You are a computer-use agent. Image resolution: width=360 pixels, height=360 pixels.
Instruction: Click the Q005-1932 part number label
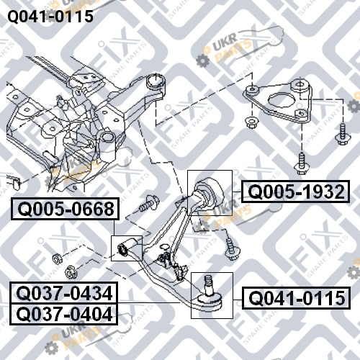tap(295, 192)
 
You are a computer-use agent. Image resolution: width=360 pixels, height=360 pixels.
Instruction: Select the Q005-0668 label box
tap(65, 209)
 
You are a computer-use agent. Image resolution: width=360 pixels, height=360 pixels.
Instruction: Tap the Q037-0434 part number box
tap(64, 293)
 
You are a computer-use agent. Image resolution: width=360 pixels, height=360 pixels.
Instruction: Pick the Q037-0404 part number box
tap(64, 314)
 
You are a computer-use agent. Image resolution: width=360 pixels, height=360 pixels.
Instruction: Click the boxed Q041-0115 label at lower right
tap(296, 298)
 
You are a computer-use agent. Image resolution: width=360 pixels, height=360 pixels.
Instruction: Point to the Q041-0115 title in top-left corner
tap(50, 17)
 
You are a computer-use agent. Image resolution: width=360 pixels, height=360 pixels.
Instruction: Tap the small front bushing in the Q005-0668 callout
tap(124, 250)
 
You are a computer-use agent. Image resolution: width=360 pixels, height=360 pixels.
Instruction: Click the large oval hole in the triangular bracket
tap(282, 100)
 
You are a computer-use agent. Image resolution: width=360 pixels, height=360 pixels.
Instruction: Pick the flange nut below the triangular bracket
tap(251, 122)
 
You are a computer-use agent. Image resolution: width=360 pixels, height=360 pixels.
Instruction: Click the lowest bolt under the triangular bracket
tap(301, 163)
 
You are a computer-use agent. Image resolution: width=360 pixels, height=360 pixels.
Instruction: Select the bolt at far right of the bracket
tap(343, 135)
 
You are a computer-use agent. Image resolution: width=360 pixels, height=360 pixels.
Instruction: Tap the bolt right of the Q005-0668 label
tap(149, 203)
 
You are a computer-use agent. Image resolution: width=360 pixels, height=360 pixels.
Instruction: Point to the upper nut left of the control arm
tap(57, 258)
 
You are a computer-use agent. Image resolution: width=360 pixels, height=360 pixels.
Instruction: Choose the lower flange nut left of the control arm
tap(70, 271)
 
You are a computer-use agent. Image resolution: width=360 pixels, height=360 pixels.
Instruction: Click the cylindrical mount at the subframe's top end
tap(156, 82)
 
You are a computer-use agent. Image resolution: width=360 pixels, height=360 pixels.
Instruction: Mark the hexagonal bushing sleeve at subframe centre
tap(107, 145)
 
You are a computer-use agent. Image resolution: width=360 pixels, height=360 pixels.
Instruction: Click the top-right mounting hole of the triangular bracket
tap(300, 84)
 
